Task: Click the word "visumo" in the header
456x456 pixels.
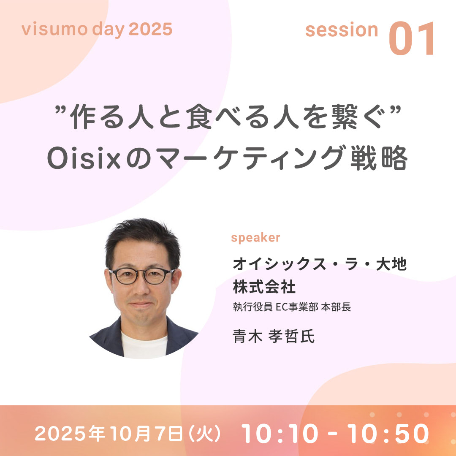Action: click(54, 30)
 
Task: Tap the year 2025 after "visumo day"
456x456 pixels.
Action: click(150, 30)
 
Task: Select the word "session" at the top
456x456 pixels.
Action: click(342, 30)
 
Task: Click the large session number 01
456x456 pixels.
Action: click(412, 38)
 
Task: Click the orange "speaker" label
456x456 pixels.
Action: click(255, 238)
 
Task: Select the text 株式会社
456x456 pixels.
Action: click(264, 286)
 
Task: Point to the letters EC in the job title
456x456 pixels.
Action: click(280, 307)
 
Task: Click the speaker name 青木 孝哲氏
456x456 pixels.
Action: click(274, 336)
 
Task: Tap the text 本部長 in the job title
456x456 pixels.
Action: click(336, 307)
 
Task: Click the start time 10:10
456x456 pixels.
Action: click(280, 433)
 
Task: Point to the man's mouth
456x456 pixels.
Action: click(141, 304)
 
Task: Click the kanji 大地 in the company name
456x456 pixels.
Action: click(391, 264)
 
